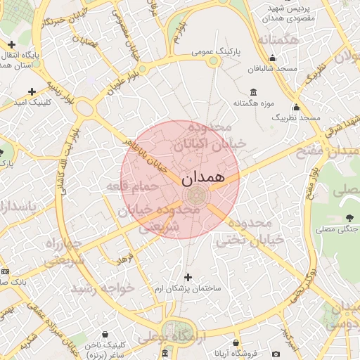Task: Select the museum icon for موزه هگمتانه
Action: (x=253, y=93)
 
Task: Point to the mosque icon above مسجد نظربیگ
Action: (x=296, y=108)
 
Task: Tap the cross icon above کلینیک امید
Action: (x=32, y=91)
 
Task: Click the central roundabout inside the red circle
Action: (x=195, y=194)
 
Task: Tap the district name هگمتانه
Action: (x=278, y=40)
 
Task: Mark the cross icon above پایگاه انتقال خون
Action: (x=12, y=44)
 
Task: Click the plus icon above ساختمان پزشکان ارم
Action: (x=188, y=277)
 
